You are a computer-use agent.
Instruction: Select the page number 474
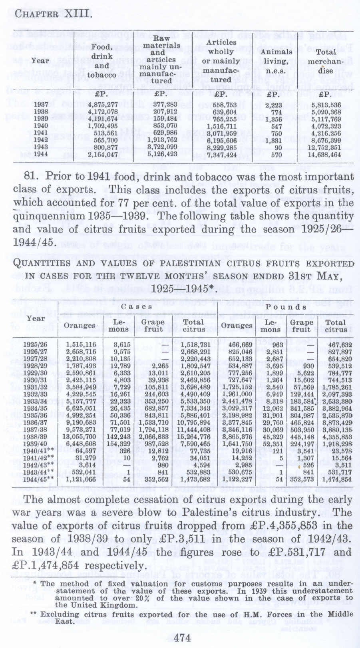[183, 638]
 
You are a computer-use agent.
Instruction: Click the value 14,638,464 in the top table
[324, 155]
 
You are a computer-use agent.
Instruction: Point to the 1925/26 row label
[35, 345]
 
